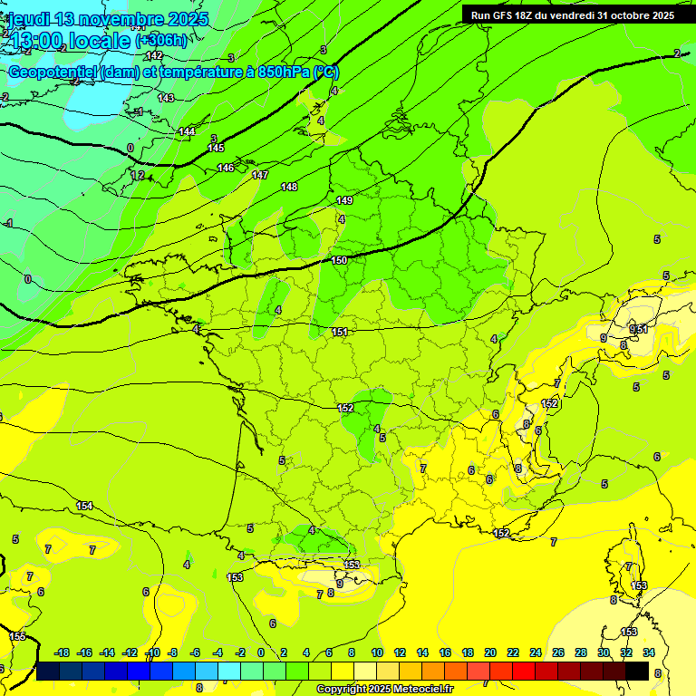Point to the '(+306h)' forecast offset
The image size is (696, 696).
160,41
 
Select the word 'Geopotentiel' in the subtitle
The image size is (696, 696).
52,72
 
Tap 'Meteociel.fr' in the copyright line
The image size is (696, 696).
418,690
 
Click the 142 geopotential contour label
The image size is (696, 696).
155,55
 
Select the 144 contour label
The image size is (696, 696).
187,131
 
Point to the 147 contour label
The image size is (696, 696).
260,175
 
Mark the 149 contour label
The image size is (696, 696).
344,200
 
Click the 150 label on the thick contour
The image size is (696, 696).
339,260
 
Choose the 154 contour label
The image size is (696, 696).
84,506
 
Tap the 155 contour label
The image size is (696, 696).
18,636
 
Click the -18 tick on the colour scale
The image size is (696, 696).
63,652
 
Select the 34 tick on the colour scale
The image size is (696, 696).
649,652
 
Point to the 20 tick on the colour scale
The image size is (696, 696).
490,652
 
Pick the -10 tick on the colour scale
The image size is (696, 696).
152,652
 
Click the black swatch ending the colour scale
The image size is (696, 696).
637,671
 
